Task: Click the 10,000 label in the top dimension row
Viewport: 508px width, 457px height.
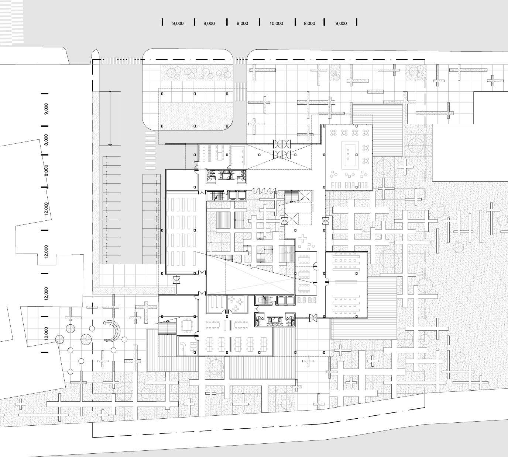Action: [x=276, y=24]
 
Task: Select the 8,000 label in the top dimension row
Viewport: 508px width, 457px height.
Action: [x=309, y=24]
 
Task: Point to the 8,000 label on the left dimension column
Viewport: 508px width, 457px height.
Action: [x=46, y=140]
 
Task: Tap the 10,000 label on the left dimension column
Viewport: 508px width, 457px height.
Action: [x=46, y=334]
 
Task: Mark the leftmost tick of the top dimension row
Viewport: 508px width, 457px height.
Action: [x=162, y=22]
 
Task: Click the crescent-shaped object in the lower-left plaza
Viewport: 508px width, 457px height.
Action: [x=113, y=331]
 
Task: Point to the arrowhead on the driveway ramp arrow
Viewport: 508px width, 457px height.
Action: [x=110, y=144]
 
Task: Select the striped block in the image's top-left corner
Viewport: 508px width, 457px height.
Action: [x=12, y=21]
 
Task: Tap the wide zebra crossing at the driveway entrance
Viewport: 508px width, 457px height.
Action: [x=121, y=61]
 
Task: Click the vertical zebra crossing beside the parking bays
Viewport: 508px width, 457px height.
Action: [x=150, y=150]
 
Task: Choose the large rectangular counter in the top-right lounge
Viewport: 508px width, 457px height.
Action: [x=350, y=155]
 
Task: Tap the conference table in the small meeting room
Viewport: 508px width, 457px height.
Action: [x=188, y=325]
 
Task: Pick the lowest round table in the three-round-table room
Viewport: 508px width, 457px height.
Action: [x=236, y=308]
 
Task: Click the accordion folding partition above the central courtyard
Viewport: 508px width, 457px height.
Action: [x=264, y=191]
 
